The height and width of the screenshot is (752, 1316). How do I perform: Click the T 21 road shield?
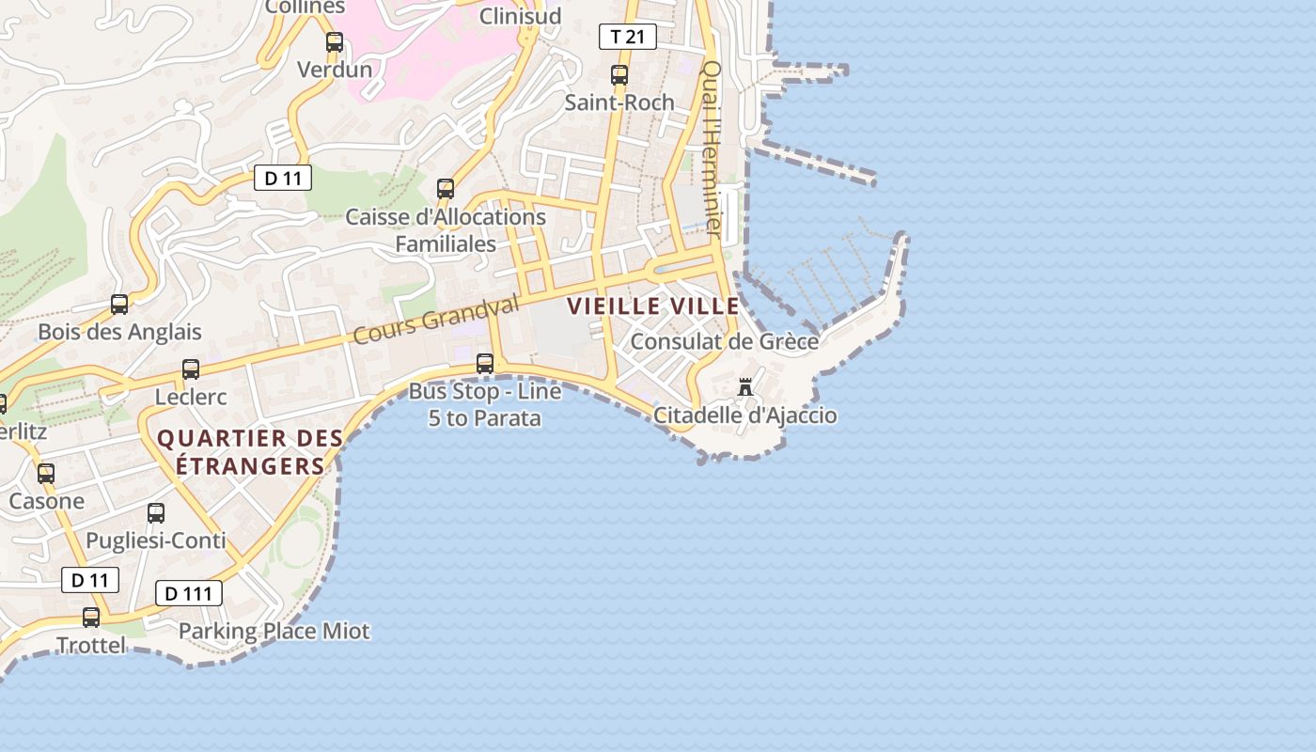click(x=627, y=37)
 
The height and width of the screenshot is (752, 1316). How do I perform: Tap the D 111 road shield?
click(x=188, y=593)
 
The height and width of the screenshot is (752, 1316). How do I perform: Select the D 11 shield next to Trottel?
click(x=90, y=580)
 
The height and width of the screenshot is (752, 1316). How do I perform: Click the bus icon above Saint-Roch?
click(x=619, y=75)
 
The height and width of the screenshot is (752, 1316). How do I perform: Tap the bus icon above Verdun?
click(x=334, y=42)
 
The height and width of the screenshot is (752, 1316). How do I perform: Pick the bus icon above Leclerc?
click(x=191, y=369)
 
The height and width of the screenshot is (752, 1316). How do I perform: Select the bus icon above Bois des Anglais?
click(x=119, y=305)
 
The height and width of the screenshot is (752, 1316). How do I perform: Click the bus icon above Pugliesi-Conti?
click(x=156, y=513)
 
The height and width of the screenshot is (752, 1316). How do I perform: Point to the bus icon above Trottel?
click(x=91, y=618)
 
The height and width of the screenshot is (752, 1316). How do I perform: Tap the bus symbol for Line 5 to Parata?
click(x=485, y=363)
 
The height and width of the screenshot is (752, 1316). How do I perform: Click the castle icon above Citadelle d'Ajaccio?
click(x=745, y=386)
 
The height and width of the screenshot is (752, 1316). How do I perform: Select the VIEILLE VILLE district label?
click(x=652, y=305)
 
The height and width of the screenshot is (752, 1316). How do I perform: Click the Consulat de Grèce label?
click(x=724, y=341)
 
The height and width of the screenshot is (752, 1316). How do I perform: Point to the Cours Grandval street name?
click(x=436, y=320)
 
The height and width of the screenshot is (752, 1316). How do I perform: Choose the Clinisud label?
click(x=520, y=16)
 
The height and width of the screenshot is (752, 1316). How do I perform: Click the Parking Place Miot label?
click(x=274, y=631)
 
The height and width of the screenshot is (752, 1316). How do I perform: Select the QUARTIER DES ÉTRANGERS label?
click(x=249, y=452)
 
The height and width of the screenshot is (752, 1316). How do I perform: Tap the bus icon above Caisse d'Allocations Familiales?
click(x=446, y=189)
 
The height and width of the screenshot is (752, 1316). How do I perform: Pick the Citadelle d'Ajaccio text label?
click(x=744, y=415)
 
